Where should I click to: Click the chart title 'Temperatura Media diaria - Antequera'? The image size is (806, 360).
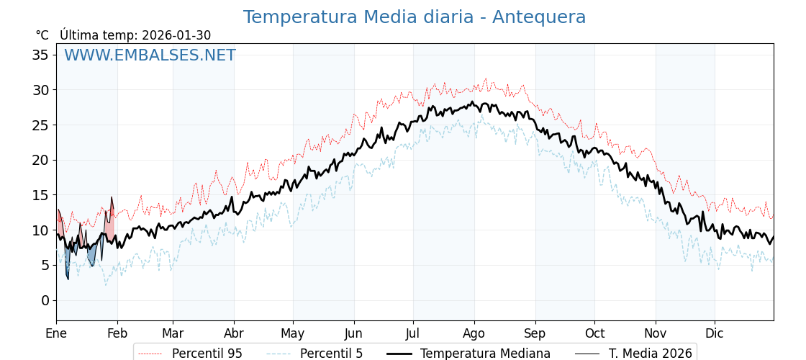click(x=414, y=17)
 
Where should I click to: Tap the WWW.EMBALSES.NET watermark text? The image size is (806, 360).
click(x=150, y=55)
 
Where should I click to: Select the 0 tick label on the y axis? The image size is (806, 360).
click(x=45, y=300)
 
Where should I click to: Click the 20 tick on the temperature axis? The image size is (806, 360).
click(x=40, y=160)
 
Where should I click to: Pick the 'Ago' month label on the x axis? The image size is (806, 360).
click(x=474, y=333)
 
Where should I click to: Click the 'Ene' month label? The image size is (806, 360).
click(x=56, y=333)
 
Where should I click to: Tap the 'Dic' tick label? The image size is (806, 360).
click(x=715, y=333)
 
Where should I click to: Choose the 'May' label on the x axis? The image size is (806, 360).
click(x=293, y=333)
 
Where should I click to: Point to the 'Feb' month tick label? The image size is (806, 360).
click(x=117, y=333)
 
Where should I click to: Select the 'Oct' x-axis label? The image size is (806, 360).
click(x=594, y=333)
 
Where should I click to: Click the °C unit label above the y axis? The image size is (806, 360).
click(x=42, y=35)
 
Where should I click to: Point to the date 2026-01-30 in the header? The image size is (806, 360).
click(x=176, y=35)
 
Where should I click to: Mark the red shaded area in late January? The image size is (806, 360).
click(x=109, y=225)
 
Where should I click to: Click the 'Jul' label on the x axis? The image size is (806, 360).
click(x=413, y=333)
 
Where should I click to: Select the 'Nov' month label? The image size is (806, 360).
click(x=656, y=333)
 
